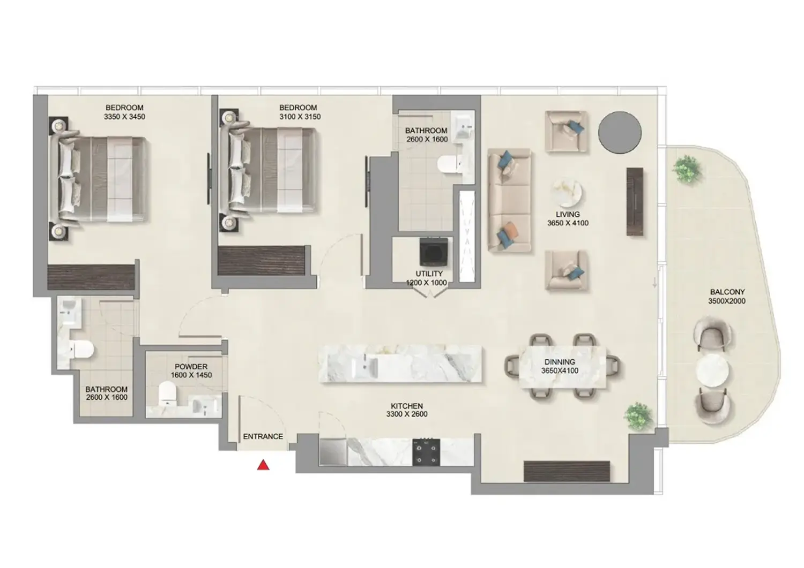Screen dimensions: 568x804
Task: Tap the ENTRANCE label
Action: [263, 436]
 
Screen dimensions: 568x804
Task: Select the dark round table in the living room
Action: [620, 132]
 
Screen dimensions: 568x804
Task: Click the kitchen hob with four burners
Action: [426, 452]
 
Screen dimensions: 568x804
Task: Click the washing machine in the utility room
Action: [431, 252]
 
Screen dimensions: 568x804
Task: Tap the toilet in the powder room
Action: [168, 394]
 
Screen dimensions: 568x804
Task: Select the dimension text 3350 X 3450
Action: [124, 117]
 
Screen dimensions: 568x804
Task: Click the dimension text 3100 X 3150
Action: [300, 117]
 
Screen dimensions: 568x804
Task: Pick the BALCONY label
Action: [727, 292]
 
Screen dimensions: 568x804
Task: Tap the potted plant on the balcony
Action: [687, 169]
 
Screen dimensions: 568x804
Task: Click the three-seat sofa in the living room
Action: [509, 200]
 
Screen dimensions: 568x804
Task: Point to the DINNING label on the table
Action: [560, 362]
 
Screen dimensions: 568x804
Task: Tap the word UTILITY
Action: [429, 274]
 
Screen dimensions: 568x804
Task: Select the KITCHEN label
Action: [407, 406]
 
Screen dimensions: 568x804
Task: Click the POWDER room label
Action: [191, 367]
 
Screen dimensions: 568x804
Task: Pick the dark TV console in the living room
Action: [635, 201]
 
